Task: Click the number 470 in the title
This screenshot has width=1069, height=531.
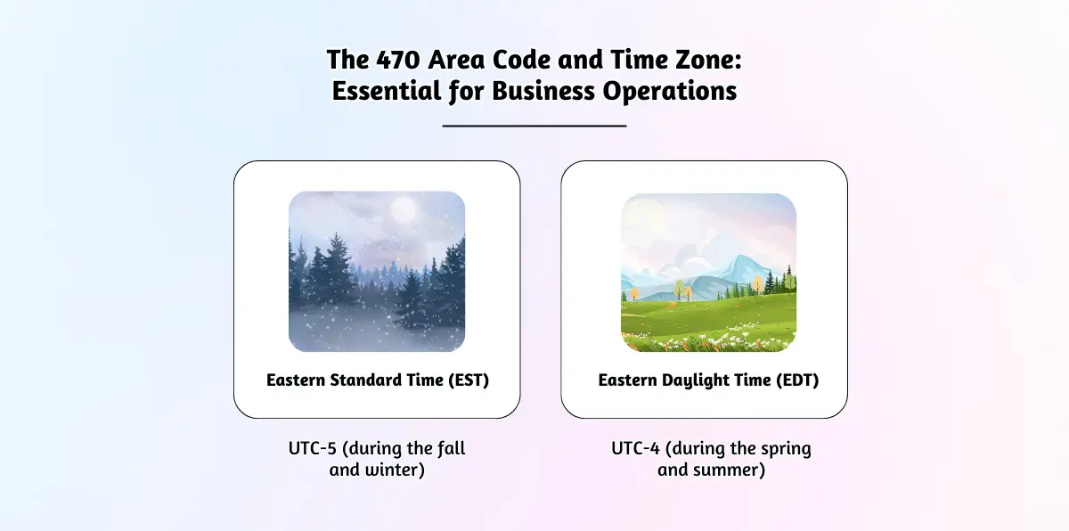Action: [398, 60]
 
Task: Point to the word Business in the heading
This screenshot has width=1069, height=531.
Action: [543, 91]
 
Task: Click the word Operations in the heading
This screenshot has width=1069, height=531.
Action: [670, 92]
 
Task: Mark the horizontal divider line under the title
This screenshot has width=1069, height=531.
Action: [534, 126]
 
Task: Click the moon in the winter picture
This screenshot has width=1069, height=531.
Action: [404, 209]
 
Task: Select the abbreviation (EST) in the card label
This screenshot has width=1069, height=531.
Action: [469, 380]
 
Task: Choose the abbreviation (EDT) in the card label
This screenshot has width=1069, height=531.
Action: [797, 380]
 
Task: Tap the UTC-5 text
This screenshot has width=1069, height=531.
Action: [313, 448]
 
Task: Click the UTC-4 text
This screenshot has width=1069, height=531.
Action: [636, 448]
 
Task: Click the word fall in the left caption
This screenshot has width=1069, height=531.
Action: [451, 448]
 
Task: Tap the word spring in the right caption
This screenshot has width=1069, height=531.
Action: [786, 449]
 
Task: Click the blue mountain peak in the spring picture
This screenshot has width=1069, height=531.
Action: [743, 260]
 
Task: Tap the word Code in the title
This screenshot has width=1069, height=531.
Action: [520, 60]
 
